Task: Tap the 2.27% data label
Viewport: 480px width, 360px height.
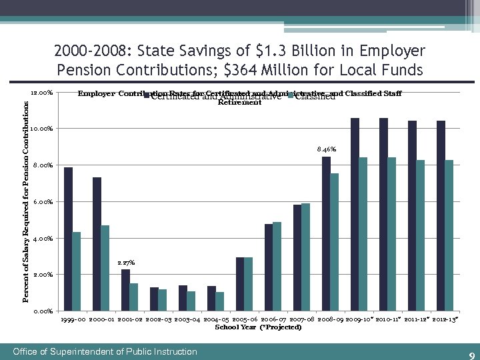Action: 126,263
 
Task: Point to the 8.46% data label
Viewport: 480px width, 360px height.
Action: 327,150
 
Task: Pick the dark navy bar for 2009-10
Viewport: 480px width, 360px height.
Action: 355,214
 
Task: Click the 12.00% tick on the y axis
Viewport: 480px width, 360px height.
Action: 42,93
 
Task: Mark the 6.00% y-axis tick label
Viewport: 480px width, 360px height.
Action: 42,202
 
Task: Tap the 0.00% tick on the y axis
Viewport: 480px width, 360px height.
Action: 42,311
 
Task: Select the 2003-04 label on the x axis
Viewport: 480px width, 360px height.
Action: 187,320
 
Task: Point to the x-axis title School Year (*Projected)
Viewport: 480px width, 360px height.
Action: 258,327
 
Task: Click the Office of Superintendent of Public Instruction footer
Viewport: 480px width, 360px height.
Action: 105,351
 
